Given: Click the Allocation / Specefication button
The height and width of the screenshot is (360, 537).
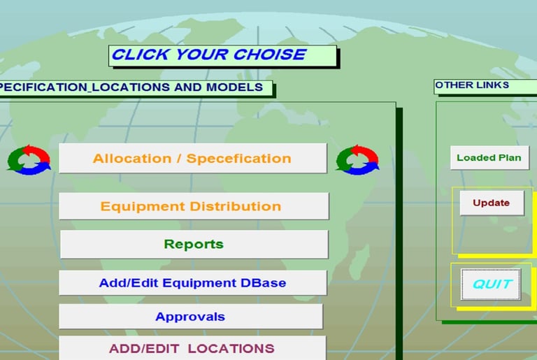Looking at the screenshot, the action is pos(193,158).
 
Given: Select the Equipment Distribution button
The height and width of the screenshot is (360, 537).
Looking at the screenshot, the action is pos(194,206).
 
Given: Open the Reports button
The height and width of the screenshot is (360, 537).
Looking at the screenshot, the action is pos(194,244).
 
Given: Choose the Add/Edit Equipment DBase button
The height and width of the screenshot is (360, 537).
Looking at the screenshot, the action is pos(193,282).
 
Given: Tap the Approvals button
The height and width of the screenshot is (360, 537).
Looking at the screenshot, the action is pos(191,317).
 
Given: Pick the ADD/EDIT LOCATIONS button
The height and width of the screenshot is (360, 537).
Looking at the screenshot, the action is pos(192,348).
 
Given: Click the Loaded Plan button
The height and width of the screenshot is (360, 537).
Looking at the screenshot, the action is pos(489,157).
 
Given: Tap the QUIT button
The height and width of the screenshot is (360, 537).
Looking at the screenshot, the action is pos(491,285).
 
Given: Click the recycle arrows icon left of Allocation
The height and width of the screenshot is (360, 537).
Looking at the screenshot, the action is pos(29,159).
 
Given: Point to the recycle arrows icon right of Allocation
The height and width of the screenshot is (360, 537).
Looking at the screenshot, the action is pos(357,159).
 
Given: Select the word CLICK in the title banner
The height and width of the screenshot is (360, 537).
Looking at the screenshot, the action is pos(141,55).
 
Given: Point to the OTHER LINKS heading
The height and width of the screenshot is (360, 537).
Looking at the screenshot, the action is pos(472,85).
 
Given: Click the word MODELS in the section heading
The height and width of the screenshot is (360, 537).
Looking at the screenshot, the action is pos(234,87).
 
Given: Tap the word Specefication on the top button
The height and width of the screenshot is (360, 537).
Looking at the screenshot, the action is pos(238,159).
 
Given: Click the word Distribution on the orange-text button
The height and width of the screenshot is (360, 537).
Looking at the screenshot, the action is pos(235,206).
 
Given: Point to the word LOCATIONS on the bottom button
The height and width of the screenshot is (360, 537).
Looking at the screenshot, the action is pos(231,348).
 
